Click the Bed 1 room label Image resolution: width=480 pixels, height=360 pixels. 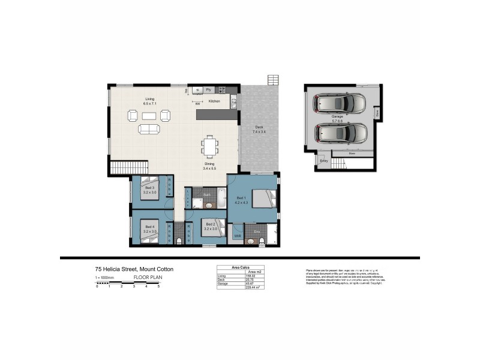(240, 197)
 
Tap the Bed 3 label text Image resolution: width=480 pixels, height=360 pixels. (149, 188)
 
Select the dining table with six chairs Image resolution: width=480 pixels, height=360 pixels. (209, 146)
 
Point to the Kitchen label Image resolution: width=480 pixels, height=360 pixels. (214, 101)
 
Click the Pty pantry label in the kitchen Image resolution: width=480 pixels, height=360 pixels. (208, 89)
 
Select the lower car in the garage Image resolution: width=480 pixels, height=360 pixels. (340, 133)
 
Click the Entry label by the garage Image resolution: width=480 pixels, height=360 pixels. (324, 160)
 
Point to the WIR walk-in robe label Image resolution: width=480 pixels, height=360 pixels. (238, 236)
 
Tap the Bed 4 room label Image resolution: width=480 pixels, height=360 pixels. (149, 227)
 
